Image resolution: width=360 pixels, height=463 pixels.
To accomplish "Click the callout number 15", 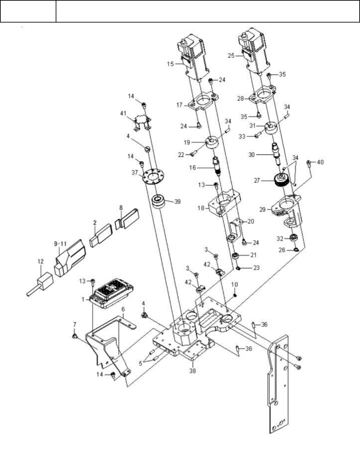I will [170, 64].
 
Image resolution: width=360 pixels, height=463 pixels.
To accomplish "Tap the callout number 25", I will [231, 56].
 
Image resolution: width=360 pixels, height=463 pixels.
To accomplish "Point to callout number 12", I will [40, 261].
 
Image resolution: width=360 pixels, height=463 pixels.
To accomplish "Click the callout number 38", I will [192, 371].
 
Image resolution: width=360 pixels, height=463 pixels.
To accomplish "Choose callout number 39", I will [177, 202].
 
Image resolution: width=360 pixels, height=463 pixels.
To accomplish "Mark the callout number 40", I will [320, 162].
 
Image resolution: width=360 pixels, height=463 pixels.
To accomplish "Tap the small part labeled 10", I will [235, 294].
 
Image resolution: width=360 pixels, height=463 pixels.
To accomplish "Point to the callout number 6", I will [123, 309].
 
